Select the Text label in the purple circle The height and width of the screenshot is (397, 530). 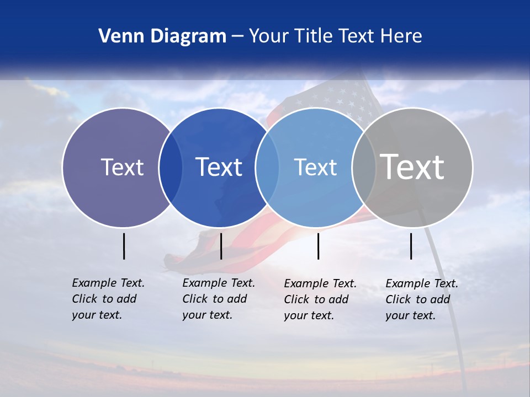point(122,167)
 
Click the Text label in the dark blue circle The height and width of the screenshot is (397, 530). point(219,167)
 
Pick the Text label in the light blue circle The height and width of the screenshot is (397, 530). point(315,167)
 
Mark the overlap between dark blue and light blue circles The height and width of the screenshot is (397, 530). point(267,167)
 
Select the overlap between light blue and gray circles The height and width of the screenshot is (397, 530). point(364,167)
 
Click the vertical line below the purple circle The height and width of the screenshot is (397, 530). point(124,246)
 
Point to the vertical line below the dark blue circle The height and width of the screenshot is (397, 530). point(221,246)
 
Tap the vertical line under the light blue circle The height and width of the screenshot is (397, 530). point(319,246)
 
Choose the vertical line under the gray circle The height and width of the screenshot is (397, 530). point(411,246)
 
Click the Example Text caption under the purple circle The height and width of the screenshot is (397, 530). point(108,299)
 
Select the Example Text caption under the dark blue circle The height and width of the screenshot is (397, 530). point(218,299)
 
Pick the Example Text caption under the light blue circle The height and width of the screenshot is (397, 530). point(320,299)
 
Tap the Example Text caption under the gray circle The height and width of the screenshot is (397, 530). point(421,299)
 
